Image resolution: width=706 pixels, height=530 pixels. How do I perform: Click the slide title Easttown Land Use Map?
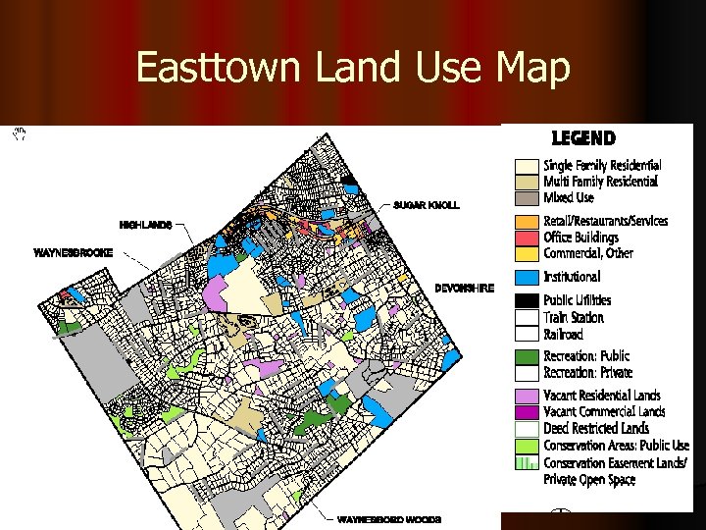click(x=352, y=68)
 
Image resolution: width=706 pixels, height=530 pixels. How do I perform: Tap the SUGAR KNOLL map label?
click(x=426, y=205)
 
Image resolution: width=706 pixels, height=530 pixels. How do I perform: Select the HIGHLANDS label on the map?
click(x=146, y=225)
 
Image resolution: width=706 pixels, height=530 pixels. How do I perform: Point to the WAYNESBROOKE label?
click(x=74, y=252)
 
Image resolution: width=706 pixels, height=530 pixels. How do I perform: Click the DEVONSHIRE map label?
click(x=465, y=289)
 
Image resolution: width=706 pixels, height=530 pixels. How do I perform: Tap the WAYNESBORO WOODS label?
click(x=389, y=518)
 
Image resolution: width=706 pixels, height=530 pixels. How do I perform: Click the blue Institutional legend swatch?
click(x=528, y=278)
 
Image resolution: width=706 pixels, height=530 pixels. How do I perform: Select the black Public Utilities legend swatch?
click(x=528, y=300)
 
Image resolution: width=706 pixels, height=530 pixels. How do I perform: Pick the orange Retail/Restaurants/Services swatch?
click(x=528, y=222)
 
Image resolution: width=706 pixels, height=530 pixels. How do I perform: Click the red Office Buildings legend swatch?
click(x=528, y=238)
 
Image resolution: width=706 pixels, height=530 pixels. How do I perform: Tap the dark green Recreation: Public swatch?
click(x=528, y=356)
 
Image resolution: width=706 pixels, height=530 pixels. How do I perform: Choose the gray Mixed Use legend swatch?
click(x=528, y=197)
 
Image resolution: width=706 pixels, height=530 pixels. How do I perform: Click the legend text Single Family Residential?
click(x=602, y=166)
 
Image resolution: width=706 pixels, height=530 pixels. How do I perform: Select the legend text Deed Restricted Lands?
click(x=596, y=429)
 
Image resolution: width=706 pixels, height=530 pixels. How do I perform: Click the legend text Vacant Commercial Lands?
click(x=604, y=412)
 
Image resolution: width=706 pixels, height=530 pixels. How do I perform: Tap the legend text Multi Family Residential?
click(x=600, y=182)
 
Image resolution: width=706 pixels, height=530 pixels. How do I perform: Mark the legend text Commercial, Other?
click(x=588, y=253)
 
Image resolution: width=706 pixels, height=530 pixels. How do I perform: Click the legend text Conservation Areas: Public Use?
click(x=617, y=446)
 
